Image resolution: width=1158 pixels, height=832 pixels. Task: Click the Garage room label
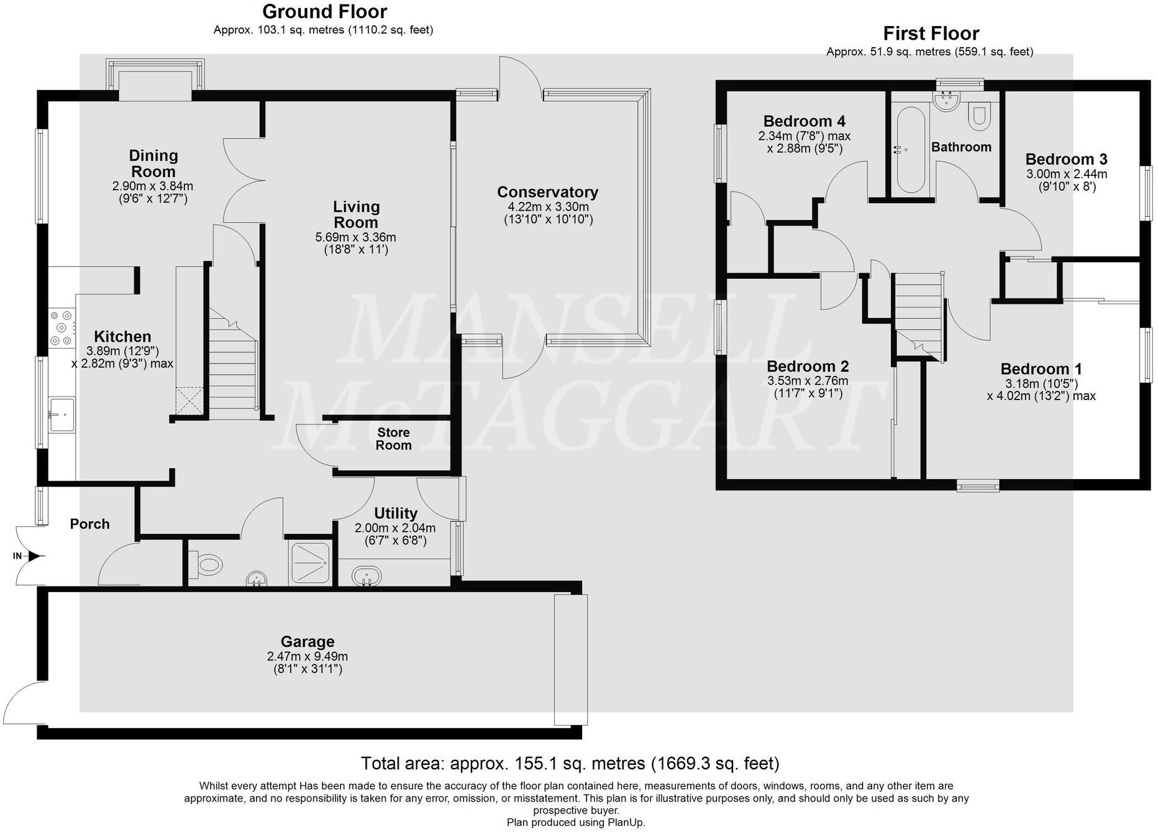307,642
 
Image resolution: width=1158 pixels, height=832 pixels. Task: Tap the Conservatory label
547,193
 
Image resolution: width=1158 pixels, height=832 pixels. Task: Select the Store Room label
393,439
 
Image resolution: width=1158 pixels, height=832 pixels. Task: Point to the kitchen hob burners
62,327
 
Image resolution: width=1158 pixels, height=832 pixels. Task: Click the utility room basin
366,575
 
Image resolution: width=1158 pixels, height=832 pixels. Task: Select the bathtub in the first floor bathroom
911,150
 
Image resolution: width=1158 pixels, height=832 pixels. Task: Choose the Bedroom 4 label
804,121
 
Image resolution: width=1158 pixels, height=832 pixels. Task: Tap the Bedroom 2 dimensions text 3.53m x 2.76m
808,381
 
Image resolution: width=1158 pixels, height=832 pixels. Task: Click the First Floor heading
931,34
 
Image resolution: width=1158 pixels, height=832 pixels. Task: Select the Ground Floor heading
324,12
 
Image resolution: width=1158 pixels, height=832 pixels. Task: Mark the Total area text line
570,763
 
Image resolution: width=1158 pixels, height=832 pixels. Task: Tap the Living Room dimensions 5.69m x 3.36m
355,237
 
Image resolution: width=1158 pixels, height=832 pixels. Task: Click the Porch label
89,524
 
